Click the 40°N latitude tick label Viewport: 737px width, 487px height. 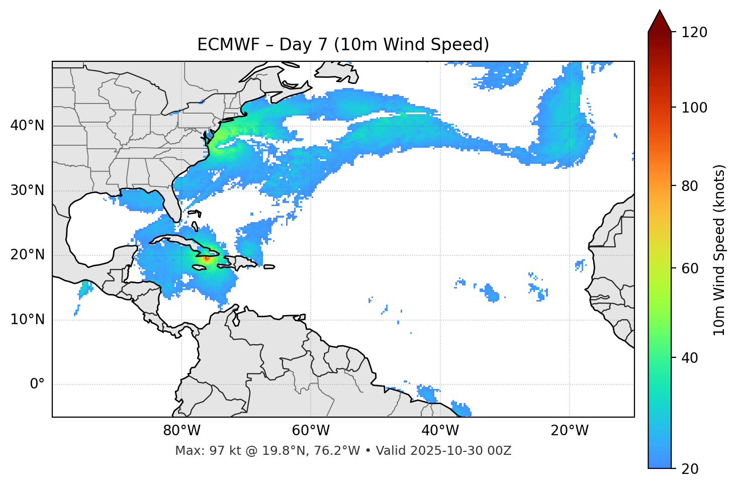[27, 126]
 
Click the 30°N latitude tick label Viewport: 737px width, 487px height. [27, 190]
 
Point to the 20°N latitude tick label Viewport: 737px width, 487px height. [27, 255]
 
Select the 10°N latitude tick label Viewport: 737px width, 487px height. [27, 320]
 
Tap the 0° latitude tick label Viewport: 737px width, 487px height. [37, 384]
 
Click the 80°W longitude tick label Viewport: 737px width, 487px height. [181, 431]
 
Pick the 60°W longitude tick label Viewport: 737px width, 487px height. [311, 431]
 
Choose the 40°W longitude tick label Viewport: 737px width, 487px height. [440, 431]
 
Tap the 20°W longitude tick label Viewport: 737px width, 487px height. [569, 431]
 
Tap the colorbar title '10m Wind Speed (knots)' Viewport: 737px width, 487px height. [719, 250]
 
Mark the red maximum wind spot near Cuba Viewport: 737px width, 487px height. [207, 258]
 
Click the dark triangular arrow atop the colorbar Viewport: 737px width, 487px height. [660, 21]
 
